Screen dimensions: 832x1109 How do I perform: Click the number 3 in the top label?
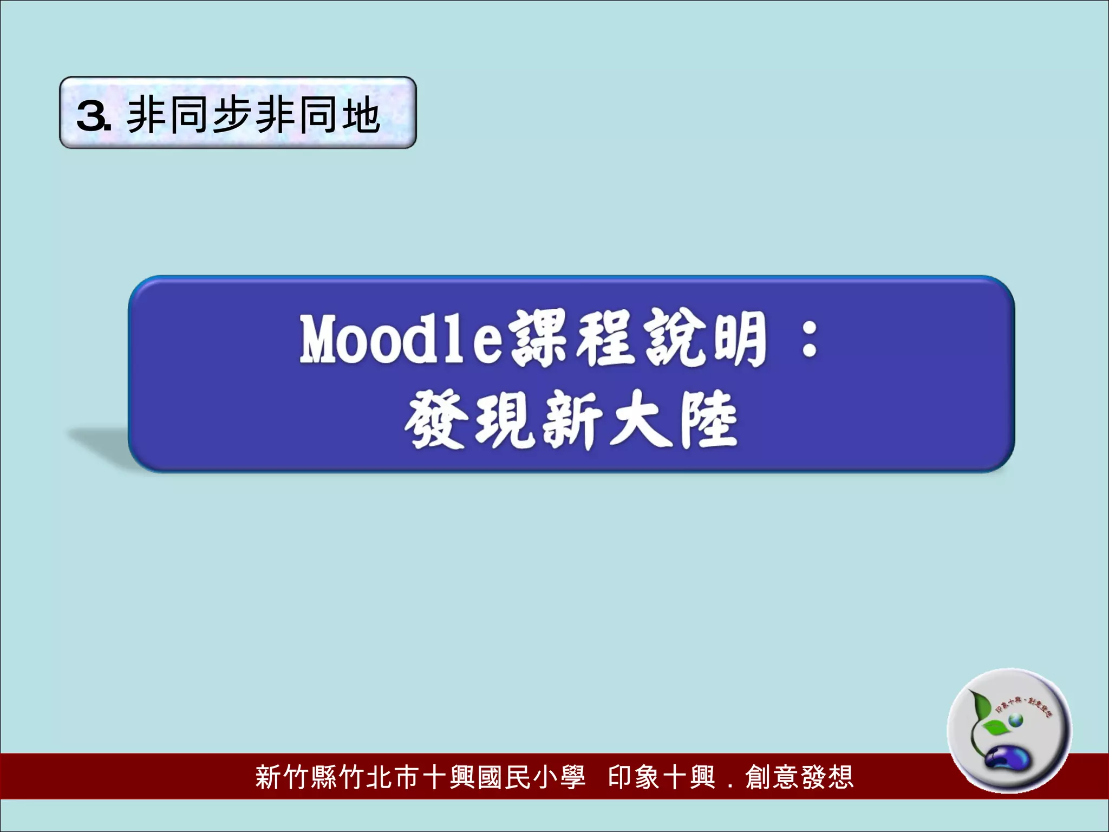(92, 116)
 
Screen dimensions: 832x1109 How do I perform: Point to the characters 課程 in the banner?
(572, 340)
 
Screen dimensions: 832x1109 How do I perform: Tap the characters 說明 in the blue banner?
(704, 340)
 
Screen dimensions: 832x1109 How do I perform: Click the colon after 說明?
(809, 342)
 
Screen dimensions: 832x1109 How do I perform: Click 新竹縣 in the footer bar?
(296, 777)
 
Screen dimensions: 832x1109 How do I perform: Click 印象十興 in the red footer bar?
(661, 777)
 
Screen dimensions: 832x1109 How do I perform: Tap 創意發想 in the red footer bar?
(799, 777)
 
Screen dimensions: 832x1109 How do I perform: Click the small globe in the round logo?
(1015, 720)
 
